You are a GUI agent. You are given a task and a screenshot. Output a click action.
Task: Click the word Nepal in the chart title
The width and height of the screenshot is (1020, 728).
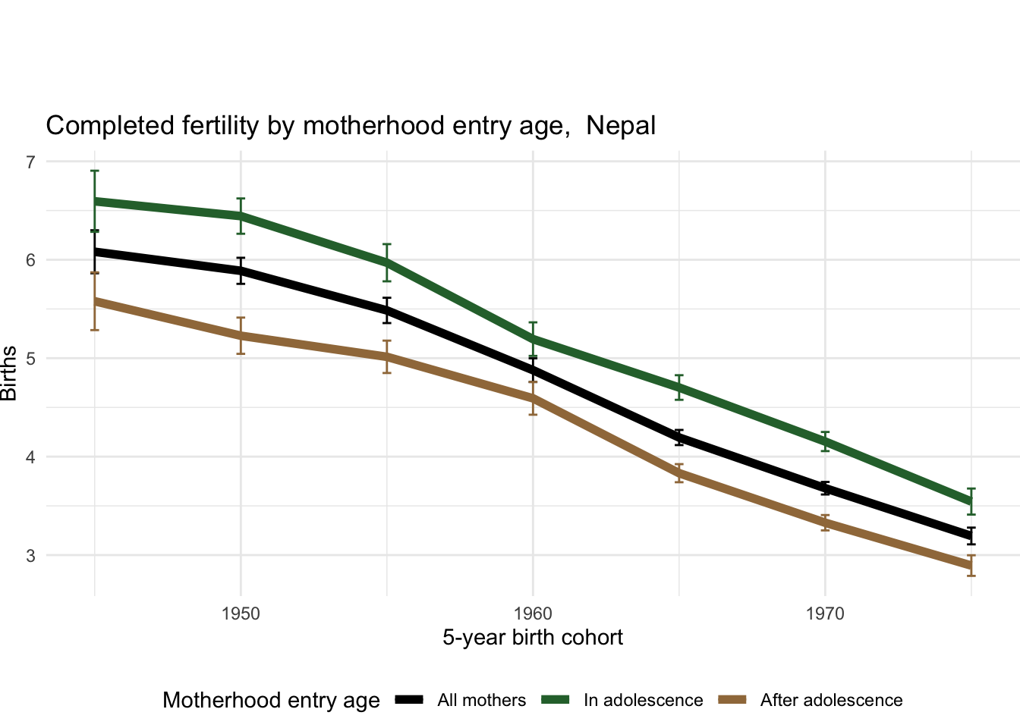coord(621,126)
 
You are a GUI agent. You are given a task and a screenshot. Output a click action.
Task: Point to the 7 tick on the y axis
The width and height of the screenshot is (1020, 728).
coord(30,162)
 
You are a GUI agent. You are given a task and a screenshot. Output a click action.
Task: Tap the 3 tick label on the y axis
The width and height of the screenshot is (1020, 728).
coord(30,555)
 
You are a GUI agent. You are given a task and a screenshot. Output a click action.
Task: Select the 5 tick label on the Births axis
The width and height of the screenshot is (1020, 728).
coord(30,358)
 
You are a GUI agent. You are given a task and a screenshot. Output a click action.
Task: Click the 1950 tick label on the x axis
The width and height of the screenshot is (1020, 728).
coord(241,613)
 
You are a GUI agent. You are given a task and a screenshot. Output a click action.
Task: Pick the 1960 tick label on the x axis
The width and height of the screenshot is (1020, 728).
coord(533,613)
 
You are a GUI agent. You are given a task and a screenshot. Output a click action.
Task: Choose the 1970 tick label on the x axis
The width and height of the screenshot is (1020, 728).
coord(825,613)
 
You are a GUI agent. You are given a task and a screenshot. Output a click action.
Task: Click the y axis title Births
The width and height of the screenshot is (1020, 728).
coord(9,373)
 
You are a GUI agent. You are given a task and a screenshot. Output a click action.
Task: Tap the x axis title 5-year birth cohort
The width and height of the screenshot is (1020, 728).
coord(533,638)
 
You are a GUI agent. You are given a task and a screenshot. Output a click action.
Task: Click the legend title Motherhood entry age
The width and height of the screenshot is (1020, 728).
coord(271,701)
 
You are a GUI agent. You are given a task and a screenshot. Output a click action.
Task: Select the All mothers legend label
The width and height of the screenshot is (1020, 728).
coord(481,701)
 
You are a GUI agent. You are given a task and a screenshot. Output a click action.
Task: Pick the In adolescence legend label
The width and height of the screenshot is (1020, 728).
coord(643,701)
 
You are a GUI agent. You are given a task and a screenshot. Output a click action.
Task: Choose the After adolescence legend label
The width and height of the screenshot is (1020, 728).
coord(831,701)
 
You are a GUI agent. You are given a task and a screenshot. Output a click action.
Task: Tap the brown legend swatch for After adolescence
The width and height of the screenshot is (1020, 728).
coord(735,700)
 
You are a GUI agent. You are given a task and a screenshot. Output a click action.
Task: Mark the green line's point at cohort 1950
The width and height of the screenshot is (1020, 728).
coord(241,215)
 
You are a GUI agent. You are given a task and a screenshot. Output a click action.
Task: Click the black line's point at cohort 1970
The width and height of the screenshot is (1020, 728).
coord(825,489)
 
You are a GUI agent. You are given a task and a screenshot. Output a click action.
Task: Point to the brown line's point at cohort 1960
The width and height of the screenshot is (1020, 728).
coord(533,398)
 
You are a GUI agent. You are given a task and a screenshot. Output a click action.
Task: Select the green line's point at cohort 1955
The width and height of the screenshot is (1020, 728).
coord(387,262)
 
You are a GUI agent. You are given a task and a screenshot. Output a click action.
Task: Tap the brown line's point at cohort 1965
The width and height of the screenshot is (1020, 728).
coord(679,473)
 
